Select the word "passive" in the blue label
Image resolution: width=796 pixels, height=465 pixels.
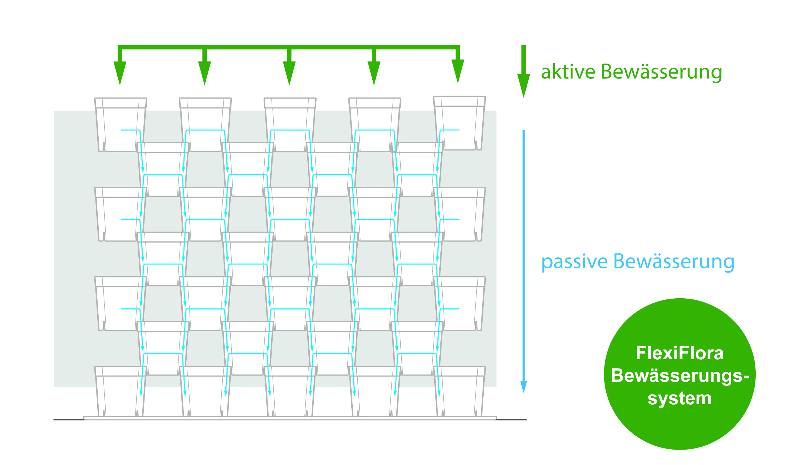point(574,262)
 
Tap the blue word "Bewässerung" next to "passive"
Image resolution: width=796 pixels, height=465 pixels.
point(674,262)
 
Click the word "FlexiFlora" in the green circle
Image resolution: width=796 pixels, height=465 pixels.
point(679,353)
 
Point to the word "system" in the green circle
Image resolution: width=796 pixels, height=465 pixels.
point(679,398)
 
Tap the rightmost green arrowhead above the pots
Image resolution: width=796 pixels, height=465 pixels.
point(458,71)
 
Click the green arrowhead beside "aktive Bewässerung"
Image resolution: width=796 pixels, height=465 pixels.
point(523,86)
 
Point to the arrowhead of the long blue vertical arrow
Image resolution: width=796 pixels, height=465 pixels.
point(523,387)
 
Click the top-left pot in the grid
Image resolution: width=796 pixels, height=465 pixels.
point(120,125)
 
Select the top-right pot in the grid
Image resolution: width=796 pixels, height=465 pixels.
point(459,123)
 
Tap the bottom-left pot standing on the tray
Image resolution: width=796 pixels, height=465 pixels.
point(120,391)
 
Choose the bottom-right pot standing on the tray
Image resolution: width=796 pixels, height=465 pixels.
point(459,391)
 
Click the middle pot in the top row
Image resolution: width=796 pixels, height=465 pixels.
point(290,125)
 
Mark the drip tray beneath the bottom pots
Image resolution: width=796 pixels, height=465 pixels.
point(290,418)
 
